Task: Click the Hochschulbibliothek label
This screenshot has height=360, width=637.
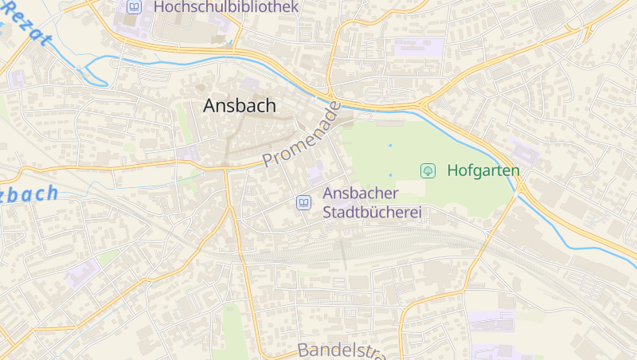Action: tap(226, 7)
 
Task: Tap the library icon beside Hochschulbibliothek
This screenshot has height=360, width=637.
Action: tap(134, 7)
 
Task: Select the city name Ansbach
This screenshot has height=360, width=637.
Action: tap(240, 105)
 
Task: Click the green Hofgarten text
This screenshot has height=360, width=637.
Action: tap(483, 170)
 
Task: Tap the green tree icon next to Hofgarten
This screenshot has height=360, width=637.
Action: tap(428, 170)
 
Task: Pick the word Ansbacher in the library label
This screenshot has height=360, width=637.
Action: tap(360, 194)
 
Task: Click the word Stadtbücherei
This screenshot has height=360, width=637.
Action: tap(371, 213)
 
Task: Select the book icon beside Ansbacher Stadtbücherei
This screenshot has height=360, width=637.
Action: tap(303, 203)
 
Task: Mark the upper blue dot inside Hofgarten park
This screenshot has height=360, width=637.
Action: tap(390, 146)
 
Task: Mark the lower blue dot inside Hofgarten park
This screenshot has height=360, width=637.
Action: tap(390, 174)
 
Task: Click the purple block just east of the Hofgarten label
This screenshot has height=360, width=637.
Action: tap(523, 151)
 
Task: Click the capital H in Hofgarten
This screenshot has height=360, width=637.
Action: tap(453, 170)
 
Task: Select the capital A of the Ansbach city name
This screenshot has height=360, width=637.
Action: tap(211, 105)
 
